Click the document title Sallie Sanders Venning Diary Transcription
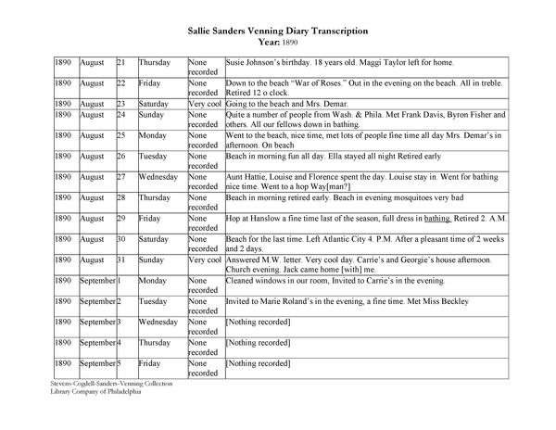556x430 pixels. [277, 30]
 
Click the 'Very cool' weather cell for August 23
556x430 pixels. [204, 104]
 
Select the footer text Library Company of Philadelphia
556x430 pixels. [94, 392]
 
